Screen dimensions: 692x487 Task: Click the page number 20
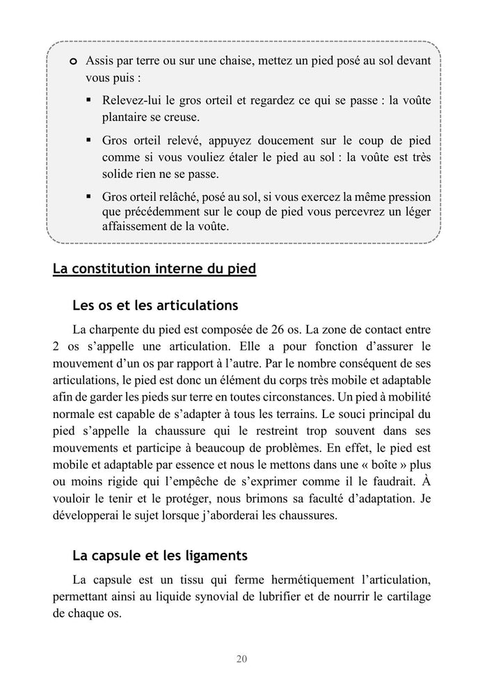click(242, 659)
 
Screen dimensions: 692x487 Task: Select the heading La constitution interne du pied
click(154, 269)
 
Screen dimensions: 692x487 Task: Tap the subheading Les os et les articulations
click(155, 305)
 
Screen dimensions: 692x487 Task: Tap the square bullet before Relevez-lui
click(90, 101)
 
